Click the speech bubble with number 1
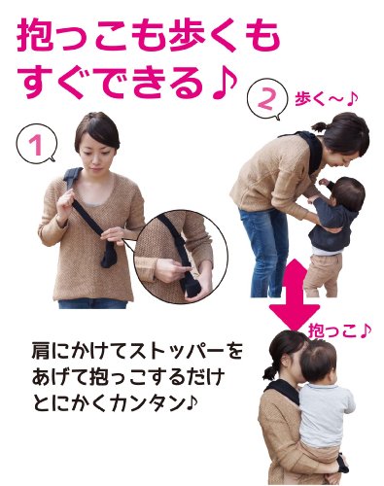click(37, 144)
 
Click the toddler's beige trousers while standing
click(324, 274)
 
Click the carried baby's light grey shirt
click(325, 414)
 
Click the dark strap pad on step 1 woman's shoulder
click(72, 178)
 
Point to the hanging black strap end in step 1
click(109, 256)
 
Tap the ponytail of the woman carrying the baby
click(270, 371)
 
